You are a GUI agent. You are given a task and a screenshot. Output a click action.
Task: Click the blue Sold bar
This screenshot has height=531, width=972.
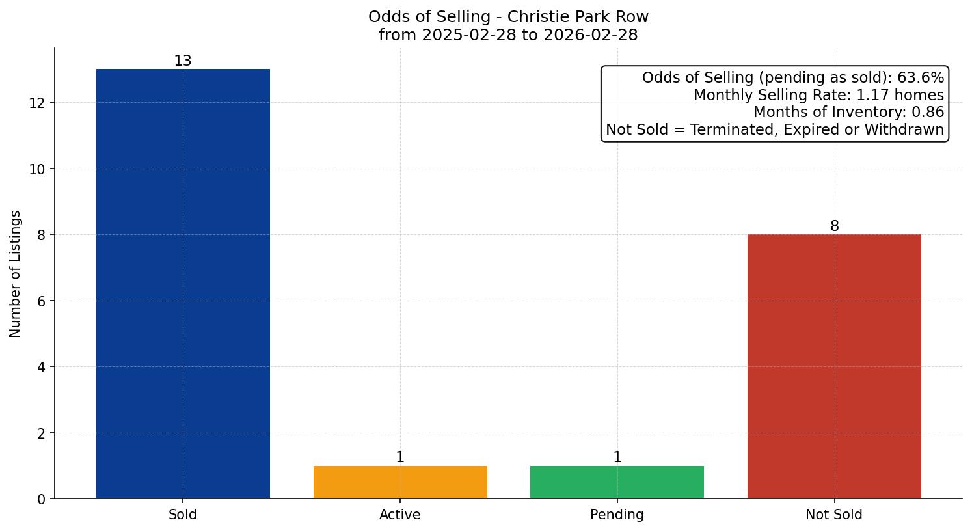(x=183, y=284)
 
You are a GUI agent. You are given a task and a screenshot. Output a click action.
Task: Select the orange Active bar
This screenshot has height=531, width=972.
(x=400, y=482)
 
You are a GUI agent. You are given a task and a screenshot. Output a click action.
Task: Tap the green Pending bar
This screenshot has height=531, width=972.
(x=617, y=482)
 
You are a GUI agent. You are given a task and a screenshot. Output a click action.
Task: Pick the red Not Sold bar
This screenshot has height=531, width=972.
(x=834, y=366)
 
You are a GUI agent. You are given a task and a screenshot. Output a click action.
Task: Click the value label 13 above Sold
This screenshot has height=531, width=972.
(x=183, y=61)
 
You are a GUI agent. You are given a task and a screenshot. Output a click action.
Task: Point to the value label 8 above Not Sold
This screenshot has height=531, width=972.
(x=834, y=226)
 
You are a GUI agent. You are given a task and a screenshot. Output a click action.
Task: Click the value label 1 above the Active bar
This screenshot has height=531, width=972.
(x=400, y=457)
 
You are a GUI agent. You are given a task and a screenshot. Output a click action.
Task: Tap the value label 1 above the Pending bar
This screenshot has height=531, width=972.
(x=617, y=457)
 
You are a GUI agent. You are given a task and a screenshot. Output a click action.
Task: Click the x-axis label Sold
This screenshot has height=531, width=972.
(x=183, y=515)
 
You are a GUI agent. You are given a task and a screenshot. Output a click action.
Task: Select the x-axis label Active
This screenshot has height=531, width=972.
(x=400, y=515)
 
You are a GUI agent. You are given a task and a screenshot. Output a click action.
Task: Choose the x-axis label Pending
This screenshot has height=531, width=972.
(x=617, y=515)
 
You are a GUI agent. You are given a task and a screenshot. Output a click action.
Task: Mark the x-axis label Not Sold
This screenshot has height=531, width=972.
(x=834, y=515)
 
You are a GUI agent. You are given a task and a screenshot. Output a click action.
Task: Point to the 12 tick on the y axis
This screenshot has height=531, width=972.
(x=37, y=103)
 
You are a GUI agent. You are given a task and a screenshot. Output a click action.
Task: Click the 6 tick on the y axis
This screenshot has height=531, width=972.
(x=41, y=301)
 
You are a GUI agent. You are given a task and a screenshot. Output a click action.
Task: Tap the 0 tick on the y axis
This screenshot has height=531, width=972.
(x=41, y=499)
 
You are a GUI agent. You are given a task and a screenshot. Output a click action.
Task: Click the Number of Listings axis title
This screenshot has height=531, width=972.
(x=16, y=273)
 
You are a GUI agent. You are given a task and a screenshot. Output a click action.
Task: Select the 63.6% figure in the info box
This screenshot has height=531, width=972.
(x=920, y=77)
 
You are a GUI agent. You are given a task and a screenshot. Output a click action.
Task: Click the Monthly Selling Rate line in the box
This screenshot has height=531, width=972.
(x=818, y=95)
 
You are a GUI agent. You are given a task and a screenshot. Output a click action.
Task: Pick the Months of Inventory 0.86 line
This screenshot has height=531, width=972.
(x=848, y=112)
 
